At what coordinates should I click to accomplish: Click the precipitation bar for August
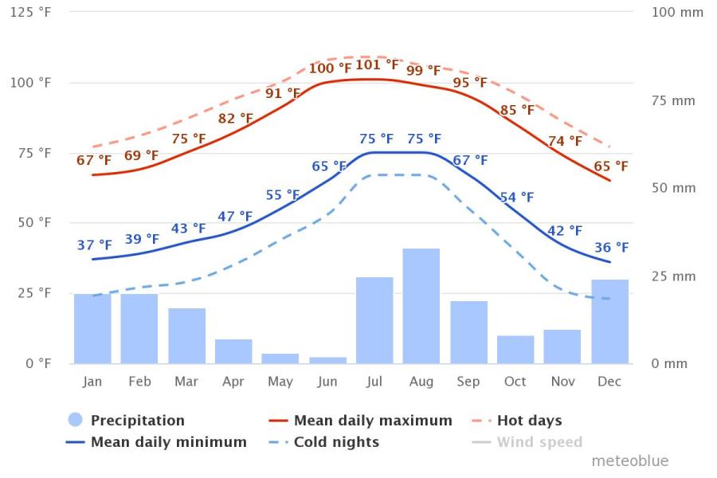click(421, 306)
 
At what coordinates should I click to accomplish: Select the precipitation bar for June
click(327, 360)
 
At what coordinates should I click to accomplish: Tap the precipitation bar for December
click(609, 321)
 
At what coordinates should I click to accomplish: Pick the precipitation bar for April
click(233, 351)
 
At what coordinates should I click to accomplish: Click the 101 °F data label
click(377, 65)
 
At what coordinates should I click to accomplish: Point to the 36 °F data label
click(611, 248)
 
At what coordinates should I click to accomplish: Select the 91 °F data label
click(283, 93)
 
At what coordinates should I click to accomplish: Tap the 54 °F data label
click(517, 198)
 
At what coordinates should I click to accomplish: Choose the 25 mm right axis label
click(673, 276)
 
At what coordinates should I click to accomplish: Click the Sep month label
click(468, 382)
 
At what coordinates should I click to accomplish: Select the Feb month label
click(139, 382)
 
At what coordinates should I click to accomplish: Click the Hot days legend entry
click(529, 420)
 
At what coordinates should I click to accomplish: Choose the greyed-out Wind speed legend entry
click(539, 441)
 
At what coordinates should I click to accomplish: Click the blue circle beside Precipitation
click(75, 420)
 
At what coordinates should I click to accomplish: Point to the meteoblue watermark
click(629, 460)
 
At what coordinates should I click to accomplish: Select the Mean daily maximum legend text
click(373, 420)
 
